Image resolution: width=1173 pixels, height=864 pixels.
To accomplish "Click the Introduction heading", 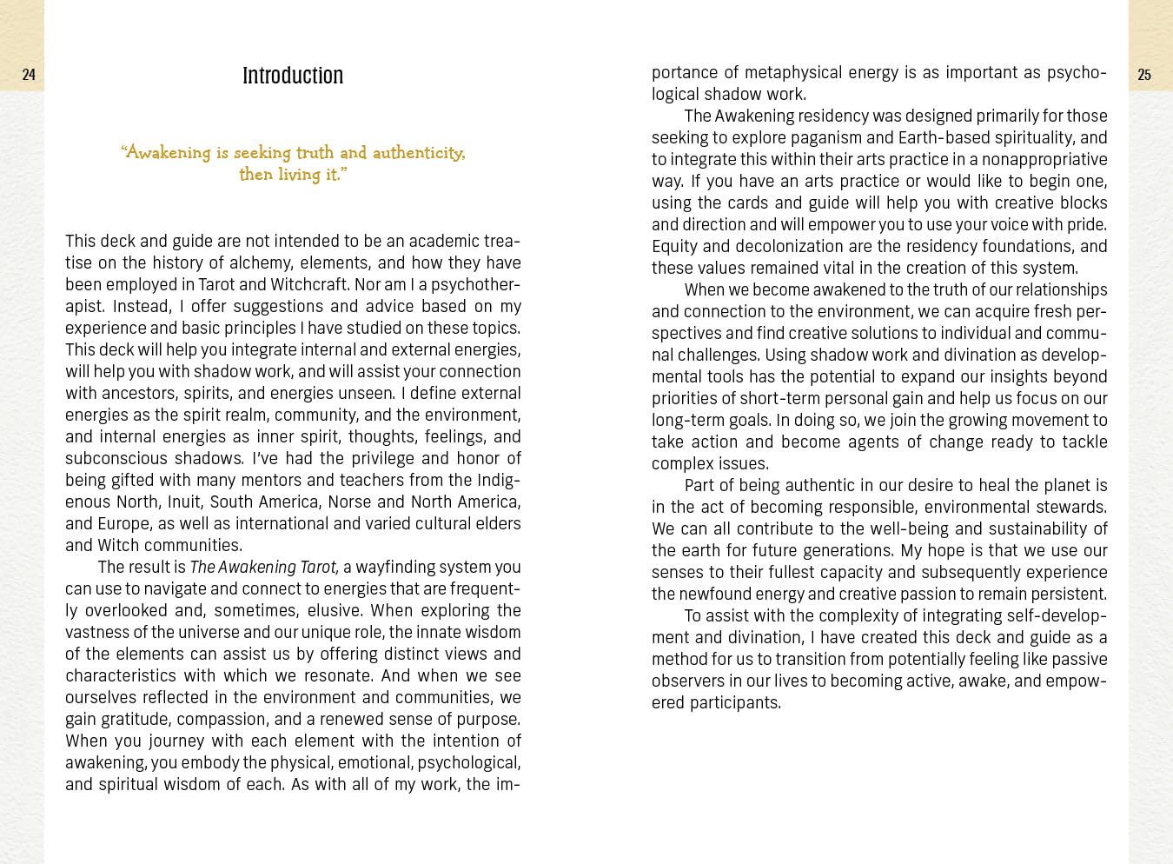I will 293,76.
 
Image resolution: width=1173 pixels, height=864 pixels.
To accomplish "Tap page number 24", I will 29,75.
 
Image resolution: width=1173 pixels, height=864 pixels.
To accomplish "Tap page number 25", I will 1144,76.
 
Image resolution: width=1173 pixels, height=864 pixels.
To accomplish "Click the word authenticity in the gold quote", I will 418,153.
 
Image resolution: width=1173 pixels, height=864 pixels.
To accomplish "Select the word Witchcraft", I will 309,284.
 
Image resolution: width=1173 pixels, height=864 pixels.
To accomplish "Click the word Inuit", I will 183,502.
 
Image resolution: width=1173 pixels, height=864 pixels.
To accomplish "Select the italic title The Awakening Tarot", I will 263,567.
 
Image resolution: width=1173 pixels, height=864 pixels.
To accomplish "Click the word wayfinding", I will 395,567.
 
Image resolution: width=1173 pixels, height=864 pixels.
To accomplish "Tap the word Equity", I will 674,246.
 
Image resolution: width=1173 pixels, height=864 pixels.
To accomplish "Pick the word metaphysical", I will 793,72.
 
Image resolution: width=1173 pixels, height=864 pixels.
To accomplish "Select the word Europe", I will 123,523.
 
